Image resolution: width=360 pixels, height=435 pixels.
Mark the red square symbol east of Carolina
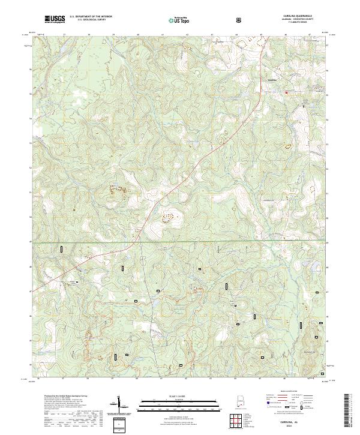click(x=286, y=92)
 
